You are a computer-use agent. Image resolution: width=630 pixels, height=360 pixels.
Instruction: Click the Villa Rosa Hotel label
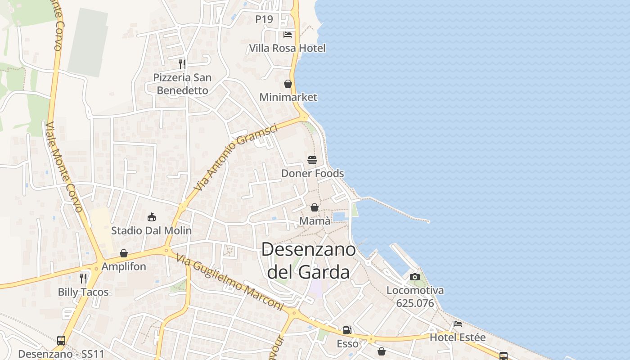click(x=287, y=48)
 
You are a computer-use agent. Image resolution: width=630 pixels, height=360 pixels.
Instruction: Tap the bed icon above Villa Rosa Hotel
click(x=288, y=35)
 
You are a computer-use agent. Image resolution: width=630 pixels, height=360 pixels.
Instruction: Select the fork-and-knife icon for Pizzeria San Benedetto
click(x=182, y=64)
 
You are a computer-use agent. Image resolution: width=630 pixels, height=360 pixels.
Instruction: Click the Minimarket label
click(x=288, y=97)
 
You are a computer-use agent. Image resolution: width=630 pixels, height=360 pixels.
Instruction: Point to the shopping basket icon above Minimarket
click(x=288, y=84)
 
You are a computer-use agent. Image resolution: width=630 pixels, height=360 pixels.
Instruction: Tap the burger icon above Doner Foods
click(x=312, y=160)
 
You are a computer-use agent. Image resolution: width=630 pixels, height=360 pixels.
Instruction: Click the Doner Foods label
click(x=312, y=173)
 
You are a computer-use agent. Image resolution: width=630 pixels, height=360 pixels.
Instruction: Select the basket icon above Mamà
click(x=315, y=207)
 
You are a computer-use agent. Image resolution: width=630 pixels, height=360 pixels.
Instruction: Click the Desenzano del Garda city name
click(x=308, y=261)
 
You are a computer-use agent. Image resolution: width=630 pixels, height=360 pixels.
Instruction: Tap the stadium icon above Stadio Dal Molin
click(x=152, y=217)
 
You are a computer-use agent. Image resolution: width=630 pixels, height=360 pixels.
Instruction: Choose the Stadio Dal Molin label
click(x=151, y=231)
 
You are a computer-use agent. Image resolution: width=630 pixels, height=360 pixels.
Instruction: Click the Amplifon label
click(x=124, y=266)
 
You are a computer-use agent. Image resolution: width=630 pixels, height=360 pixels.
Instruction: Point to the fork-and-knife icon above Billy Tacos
click(x=83, y=278)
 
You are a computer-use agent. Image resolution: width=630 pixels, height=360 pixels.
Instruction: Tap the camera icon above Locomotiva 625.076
click(x=415, y=277)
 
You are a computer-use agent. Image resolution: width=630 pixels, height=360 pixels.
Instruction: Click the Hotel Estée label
click(x=458, y=337)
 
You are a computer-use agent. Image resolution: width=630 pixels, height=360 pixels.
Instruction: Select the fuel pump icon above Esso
click(x=347, y=330)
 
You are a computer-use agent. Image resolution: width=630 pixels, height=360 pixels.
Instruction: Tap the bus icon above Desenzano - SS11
click(x=61, y=341)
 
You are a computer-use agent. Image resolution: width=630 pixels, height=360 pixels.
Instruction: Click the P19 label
click(x=264, y=19)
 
